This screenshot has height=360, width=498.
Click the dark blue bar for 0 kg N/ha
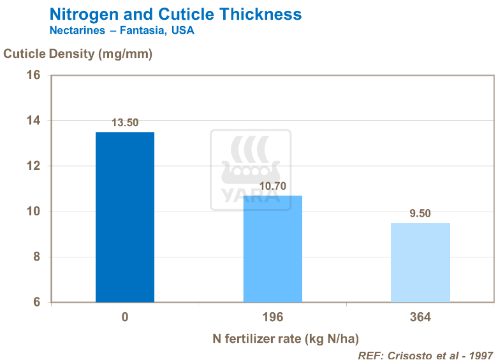125,217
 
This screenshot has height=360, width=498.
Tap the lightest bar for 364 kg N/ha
420,263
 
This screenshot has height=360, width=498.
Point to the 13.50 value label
125,123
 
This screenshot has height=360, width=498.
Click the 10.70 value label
272,187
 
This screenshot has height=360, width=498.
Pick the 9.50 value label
420,214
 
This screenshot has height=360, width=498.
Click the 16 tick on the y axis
33,75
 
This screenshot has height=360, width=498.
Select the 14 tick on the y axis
33,121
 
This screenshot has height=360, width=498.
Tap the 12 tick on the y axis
33,166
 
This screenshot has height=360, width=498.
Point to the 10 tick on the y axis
33,212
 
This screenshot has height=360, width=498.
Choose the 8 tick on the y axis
36,257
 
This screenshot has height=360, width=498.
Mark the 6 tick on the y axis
36,303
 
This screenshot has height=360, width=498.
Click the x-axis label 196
272,317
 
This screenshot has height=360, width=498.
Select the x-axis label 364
420,317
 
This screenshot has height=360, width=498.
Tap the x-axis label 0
125,317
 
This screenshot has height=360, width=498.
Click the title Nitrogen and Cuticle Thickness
175,14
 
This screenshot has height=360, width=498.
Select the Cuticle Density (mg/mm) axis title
78,54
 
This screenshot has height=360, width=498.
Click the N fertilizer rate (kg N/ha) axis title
290,338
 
